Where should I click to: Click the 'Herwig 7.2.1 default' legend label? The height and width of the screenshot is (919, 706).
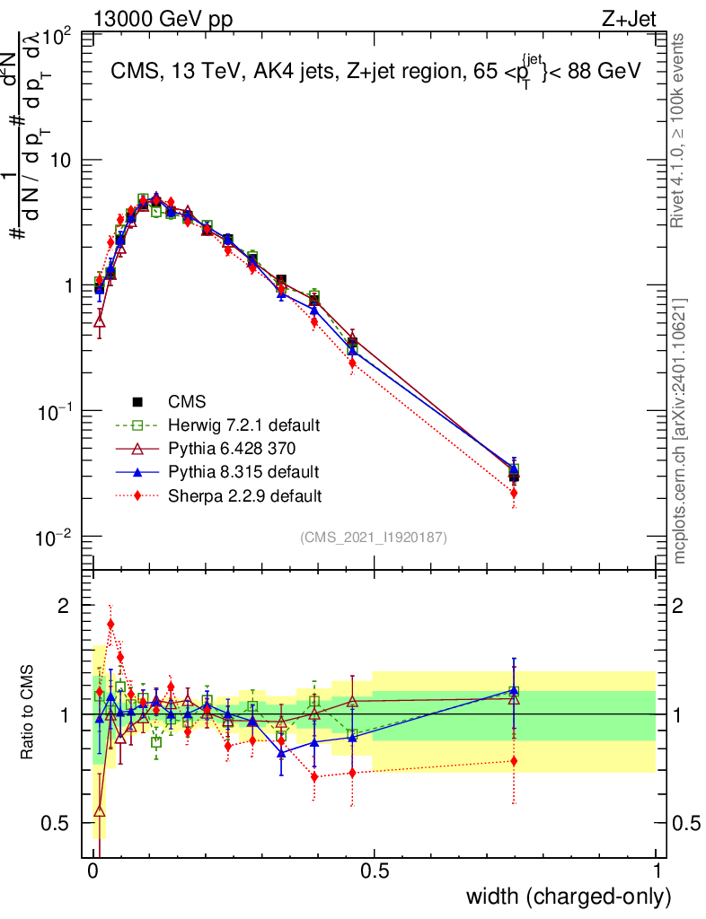[243, 424]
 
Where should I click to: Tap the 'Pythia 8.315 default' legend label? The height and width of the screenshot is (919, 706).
[243, 471]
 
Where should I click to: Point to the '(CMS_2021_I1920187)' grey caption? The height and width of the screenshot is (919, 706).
[374, 537]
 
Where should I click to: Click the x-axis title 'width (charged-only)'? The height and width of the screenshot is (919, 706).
[568, 896]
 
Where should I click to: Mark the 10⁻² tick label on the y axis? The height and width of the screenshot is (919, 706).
[55, 538]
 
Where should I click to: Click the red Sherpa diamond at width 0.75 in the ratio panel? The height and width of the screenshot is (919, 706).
[514, 761]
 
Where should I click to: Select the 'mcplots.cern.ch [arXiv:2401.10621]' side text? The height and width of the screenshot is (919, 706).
[682, 431]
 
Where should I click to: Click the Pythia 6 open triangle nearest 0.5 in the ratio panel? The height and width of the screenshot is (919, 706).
[352, 701]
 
